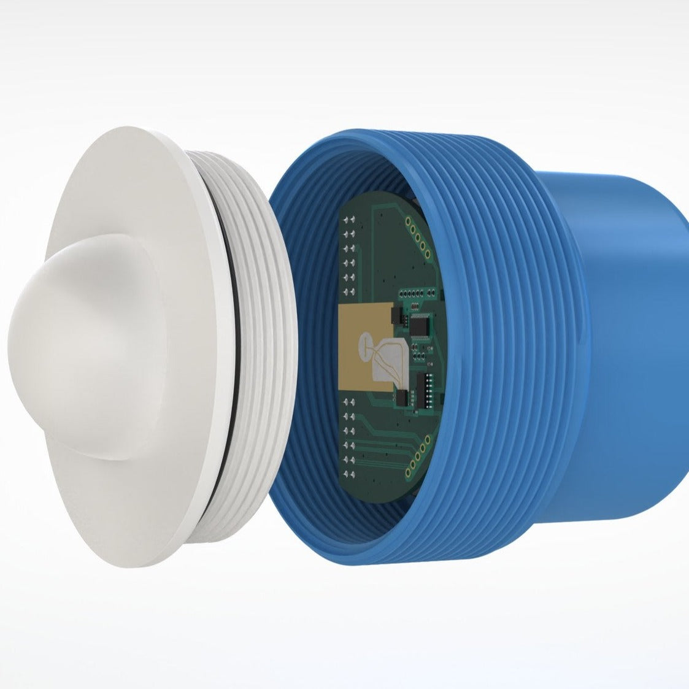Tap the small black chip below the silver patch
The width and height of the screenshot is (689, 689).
(402, 398)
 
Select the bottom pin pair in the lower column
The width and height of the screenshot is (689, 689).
(350, 474)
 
